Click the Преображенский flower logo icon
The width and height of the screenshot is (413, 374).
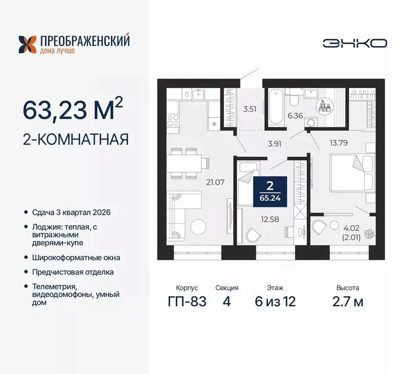point(28,44)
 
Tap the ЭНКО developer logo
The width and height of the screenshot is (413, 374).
point(354,43)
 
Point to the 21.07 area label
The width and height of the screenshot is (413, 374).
point(215,183)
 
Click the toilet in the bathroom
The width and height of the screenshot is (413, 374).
point(294,99)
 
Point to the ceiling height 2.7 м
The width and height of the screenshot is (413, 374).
point(347,302)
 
